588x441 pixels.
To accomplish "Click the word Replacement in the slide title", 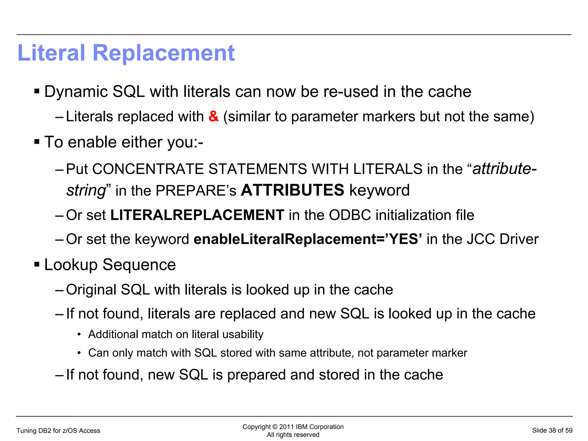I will click(x=163, y=53).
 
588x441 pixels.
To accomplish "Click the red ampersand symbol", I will click(x=214, y=116).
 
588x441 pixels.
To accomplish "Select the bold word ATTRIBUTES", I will click(x=292, y=190).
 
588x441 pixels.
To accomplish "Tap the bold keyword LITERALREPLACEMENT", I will click(x=197, y=215).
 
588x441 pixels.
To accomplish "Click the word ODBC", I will click(x=350, y=215).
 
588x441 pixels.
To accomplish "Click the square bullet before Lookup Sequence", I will click(x=37, y=264).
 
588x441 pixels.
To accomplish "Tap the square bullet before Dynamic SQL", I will click(x=37, y=91).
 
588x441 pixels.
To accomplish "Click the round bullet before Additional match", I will click(x=79, y=335).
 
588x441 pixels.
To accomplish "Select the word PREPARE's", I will click(x=196, y=191).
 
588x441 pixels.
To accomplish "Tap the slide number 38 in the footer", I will click(x=552, y=430).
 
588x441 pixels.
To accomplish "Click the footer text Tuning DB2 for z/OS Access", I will click(x=58, y=431).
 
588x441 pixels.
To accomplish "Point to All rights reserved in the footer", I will click(x=293, y=435).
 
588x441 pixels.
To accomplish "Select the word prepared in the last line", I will click(x=256, y=375).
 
